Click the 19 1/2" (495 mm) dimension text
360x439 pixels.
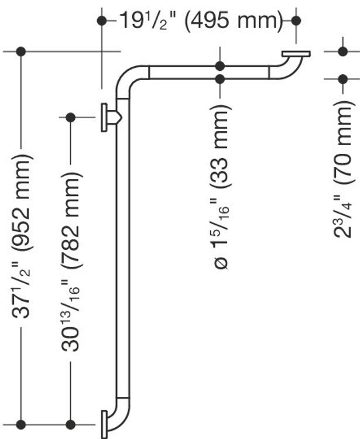click(201, 20)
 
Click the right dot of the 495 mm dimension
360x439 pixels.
click(296, 20)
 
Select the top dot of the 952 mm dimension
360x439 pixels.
click(21, 52)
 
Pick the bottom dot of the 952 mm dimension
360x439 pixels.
click(21, 424)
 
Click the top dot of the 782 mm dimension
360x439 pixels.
click(70, 117)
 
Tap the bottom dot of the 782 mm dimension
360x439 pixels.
click(70, 424)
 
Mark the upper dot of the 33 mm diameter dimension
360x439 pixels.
click(220, 66)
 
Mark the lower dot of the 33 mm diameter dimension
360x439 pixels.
click(220, 79)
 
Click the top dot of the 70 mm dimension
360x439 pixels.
click(342, 52)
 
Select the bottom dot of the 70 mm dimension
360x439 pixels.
click(342, 79)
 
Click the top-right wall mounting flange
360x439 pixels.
click(296, 54)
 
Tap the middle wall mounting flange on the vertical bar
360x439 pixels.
click(104, 117)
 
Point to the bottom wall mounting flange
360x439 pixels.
click(104, 424)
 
